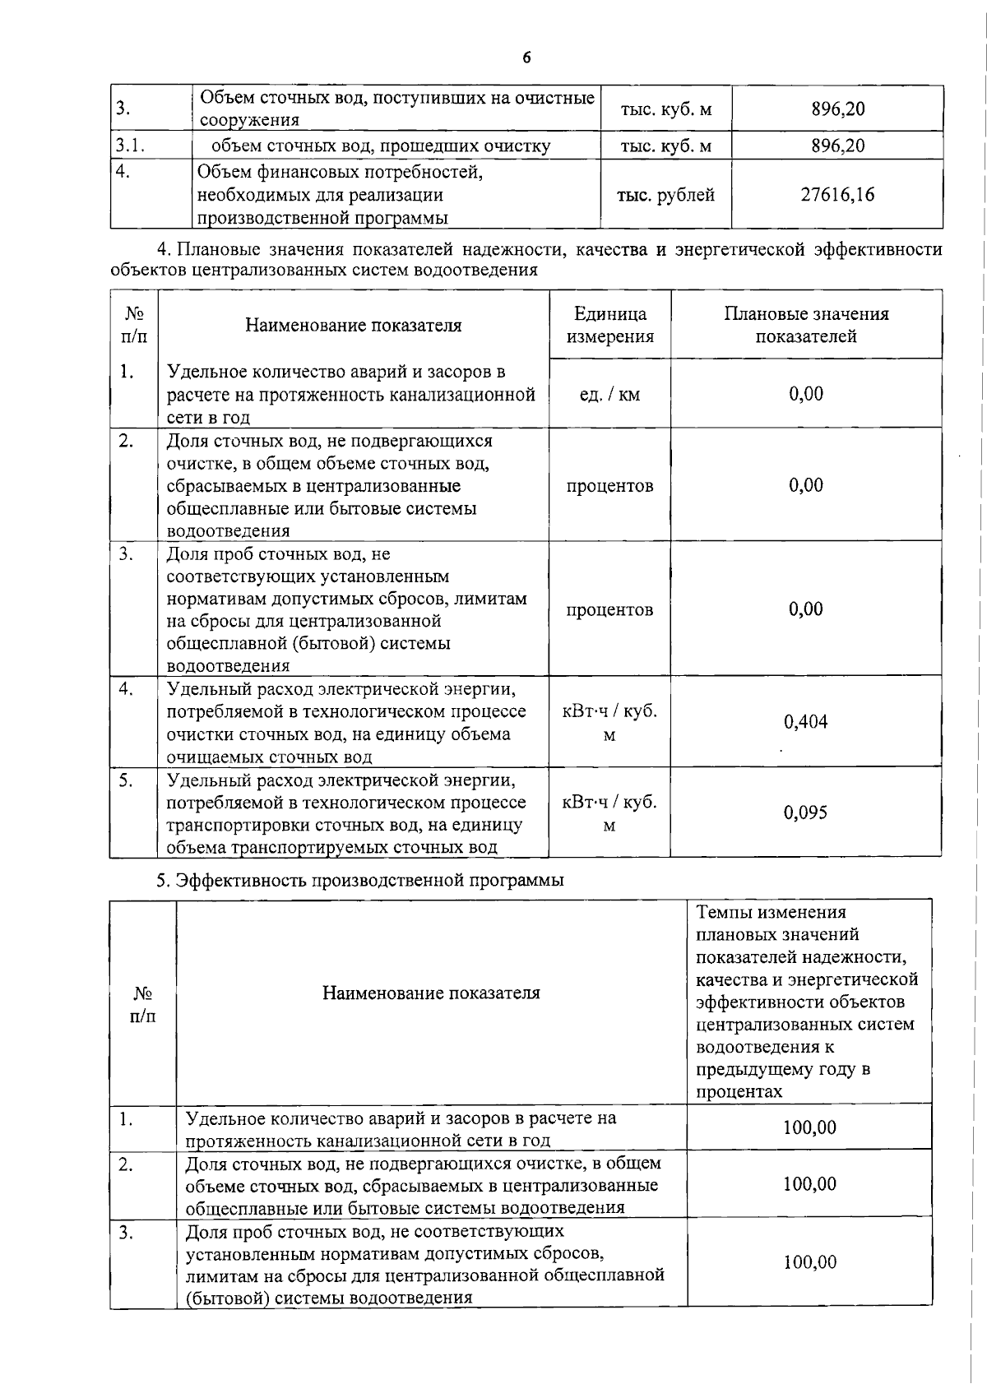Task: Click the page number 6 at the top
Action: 526,58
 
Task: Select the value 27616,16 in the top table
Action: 837,195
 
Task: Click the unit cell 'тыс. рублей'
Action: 665,195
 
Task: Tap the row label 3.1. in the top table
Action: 130,146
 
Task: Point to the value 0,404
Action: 805,722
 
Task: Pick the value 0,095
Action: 805,812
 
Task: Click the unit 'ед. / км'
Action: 609,395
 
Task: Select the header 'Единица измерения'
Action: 609,325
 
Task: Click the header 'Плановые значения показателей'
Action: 806,325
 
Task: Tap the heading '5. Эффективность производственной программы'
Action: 360,880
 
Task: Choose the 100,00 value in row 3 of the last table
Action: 810,1261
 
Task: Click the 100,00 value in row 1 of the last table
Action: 810,1127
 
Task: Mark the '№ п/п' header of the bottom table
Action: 143,1004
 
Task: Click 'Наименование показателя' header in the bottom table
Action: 431,993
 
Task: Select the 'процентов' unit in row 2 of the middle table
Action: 609,485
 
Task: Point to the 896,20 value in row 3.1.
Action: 837,146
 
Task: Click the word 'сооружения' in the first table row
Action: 249,120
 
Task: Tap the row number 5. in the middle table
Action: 125,780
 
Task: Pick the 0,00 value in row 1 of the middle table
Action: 805,393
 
